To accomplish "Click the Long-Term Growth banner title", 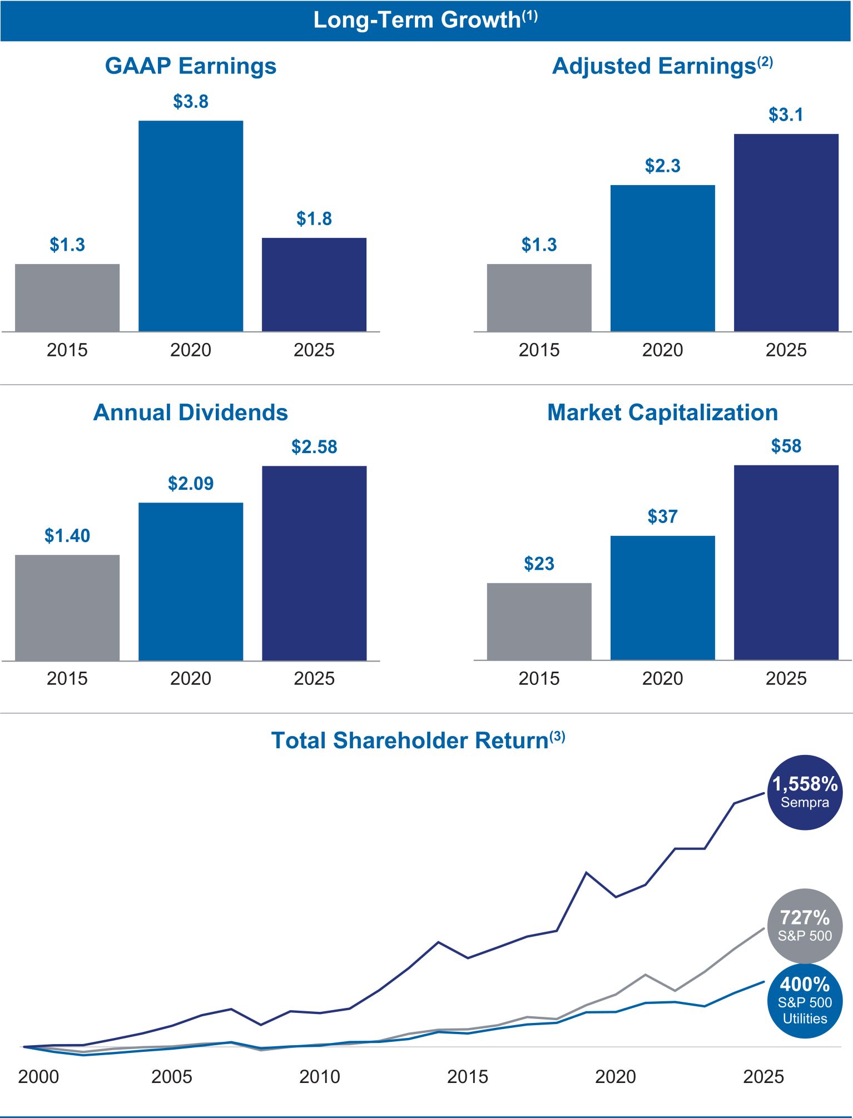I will tap(425, 20).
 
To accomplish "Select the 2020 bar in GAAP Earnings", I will tap(191, 226).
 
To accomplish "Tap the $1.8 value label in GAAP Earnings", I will tap(314, 219).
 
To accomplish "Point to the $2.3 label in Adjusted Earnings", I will tap(662, 166).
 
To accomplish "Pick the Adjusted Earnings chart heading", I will tap(662, 66).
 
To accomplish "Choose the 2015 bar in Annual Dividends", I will tap(67, 608).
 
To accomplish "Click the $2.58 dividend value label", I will tap(314, 447).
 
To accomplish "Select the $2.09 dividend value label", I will tap(191, 484).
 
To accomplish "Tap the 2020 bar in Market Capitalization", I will tap(662, 598).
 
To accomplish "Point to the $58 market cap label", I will tap(786, 446).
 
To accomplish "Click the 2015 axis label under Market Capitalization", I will tap(539, 678).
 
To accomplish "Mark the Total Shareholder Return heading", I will tap(418, 741).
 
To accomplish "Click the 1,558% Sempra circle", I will tap(805, 792).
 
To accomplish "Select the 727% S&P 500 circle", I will tap(805, 926).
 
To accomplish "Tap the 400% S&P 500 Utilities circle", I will tap(805, 1001).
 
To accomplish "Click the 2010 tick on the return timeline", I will tap(320, 1077).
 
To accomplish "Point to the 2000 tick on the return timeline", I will tap(38, 1077).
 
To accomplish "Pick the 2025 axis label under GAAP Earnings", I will tap(314, 350).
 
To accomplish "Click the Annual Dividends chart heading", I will tap(191, 413).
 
